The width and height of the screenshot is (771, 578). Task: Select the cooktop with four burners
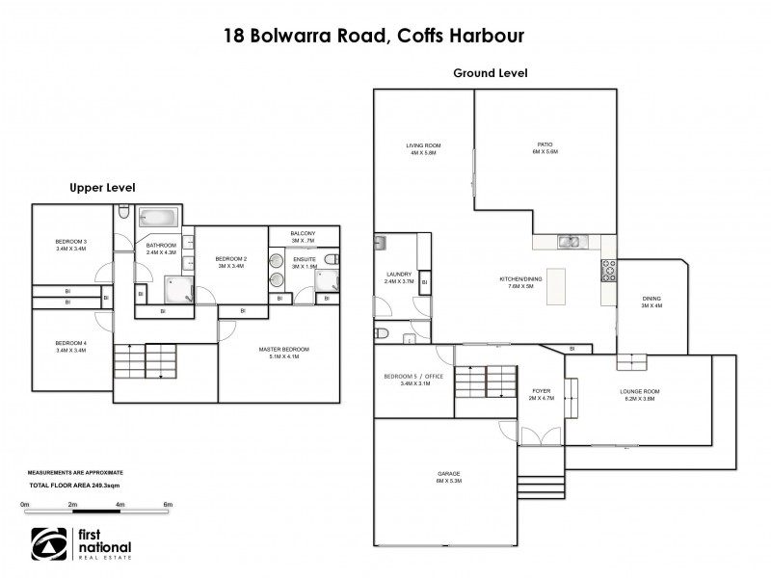(x=608, y=270)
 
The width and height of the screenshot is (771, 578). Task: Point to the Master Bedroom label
(x=283, y=353)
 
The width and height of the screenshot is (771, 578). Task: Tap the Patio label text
(x=545, y=147)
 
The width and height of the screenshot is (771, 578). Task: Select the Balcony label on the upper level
(x=304, y=234)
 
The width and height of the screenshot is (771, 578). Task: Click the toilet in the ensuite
(x=331, y=259)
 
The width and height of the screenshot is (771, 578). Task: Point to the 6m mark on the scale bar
(x=167, y=505)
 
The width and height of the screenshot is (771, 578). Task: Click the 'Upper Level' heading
(x=101, y=187)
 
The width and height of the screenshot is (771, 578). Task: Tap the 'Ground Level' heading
(x=490, y=73)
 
